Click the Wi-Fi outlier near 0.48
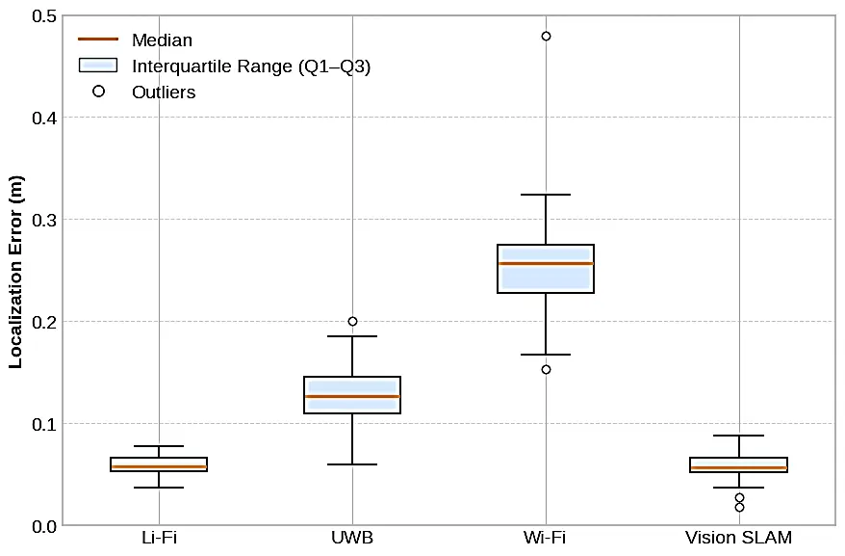point(546,36)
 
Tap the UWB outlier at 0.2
point(352,321)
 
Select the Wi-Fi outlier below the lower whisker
point(546,369)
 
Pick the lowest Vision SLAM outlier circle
point(739,507)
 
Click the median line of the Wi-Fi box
point(546,263)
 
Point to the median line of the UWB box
point(352,396)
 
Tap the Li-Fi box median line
point(159,466)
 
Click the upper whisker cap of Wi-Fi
point(546,195)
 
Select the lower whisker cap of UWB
point(352,464)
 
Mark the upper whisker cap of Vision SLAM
point(739,436)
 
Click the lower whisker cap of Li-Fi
point(159,488)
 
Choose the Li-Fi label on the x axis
point(159,538)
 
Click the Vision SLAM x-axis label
point(739,538)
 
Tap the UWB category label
point(352,538)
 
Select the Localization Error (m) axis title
point(15,272)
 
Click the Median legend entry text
point(162,40)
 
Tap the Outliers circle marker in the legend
point(97,92)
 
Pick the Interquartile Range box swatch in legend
point(97,66)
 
